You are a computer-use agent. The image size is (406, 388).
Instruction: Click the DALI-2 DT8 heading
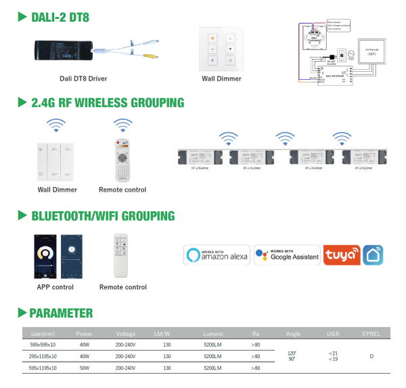coord(60,17)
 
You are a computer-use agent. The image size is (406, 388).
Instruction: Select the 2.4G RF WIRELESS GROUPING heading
coord(107,103)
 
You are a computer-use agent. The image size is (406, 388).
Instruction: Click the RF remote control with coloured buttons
coord(122,160)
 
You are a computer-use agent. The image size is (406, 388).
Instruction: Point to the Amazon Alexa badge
coord(217,255)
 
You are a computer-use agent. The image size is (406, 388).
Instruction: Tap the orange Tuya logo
coord(342,255)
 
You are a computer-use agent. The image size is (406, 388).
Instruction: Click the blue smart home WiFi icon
coord(376,255)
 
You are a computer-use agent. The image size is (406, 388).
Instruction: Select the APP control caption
coord(55,287)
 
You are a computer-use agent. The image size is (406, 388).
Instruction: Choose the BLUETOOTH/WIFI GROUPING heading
coord(102,216)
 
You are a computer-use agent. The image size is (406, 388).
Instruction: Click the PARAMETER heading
coord(60,314)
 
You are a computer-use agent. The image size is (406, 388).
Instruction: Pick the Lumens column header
coord(212,333)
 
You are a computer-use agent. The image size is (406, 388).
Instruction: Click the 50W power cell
coord(84,368)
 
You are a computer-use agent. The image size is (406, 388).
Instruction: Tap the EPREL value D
coord(371,356)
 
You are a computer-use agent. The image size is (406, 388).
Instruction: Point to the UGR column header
coord(333,333)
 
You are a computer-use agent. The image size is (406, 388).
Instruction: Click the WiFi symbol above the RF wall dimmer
coord(56,125)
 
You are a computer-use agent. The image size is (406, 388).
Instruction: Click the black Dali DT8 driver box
coord(64,47)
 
